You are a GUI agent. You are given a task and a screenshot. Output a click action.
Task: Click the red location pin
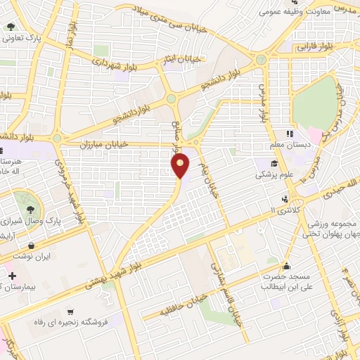pos(181,165)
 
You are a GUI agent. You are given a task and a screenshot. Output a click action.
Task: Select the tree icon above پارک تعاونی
pos(11,27)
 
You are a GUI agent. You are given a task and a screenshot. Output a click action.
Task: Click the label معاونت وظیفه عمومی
pos(288,12)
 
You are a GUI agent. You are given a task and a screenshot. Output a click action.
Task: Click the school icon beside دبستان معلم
pos(289,134)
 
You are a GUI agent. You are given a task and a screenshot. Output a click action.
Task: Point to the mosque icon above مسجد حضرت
pos(286,266)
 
